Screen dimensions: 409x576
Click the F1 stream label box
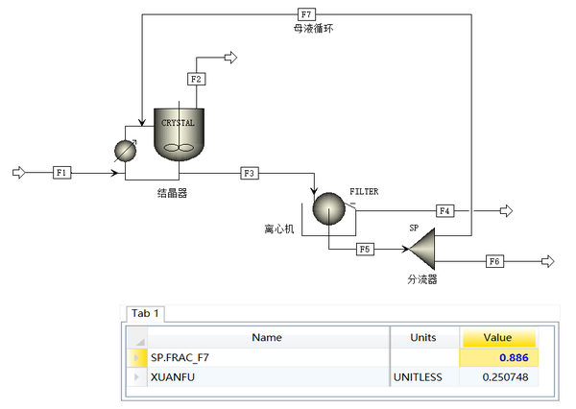click(x=62, y=173)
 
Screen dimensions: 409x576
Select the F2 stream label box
click(x=196, y=78)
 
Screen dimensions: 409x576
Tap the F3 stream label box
click(x=250, y=173)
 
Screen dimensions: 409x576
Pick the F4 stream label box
click(x=444, y=210)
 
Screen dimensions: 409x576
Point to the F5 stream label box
click(x=365, y=250)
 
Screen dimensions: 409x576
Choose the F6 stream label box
click(x=494, y=261)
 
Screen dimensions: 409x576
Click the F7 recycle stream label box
click(x=306, y=14)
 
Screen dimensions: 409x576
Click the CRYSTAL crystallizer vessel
click(x=178, y=134)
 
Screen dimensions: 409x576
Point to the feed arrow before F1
click(x=18, y=173)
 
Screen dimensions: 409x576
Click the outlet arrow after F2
click(x=229, y=59)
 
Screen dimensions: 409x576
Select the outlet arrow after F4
click(x=506, y=211)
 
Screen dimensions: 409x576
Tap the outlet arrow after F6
click(x=548, y=261)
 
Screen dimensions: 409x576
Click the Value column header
click(x=499, y=337)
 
